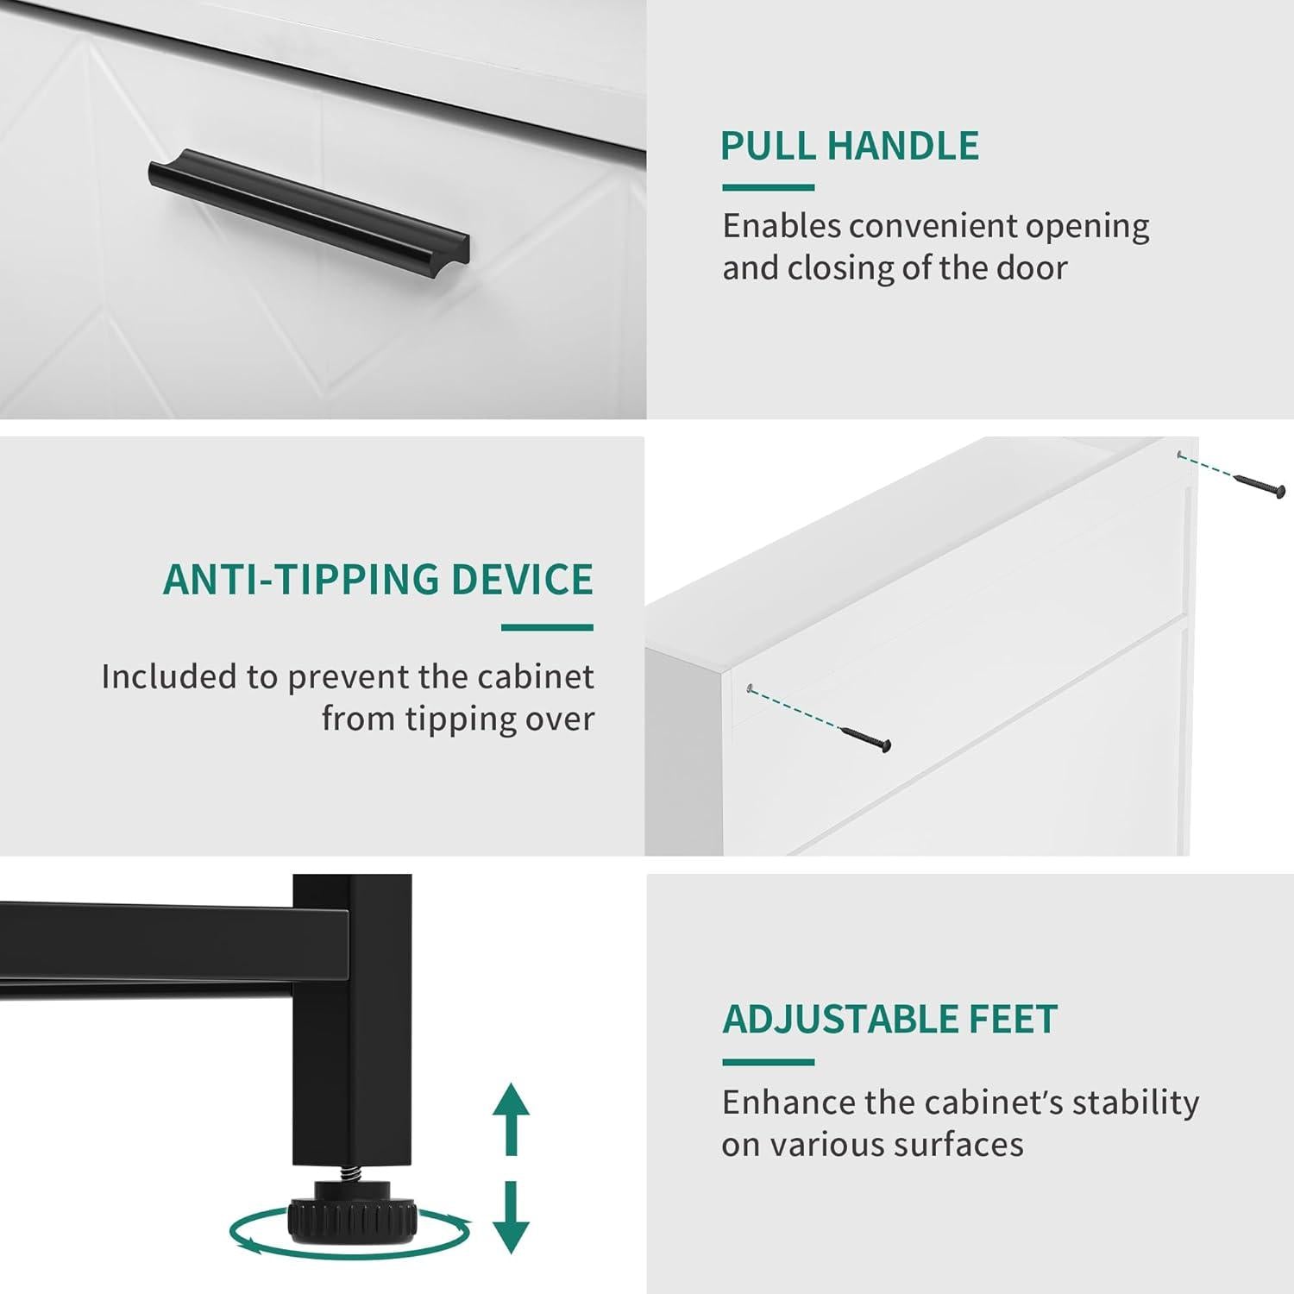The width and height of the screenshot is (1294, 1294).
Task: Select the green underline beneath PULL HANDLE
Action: (768, 187)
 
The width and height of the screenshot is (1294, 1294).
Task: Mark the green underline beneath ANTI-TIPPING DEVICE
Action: (548, 627)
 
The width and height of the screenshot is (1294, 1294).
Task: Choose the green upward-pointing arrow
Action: (511, 1117)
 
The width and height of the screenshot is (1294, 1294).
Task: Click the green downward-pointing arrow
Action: (511, 1216)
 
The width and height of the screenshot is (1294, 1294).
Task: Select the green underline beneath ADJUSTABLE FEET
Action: (768, 1062)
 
